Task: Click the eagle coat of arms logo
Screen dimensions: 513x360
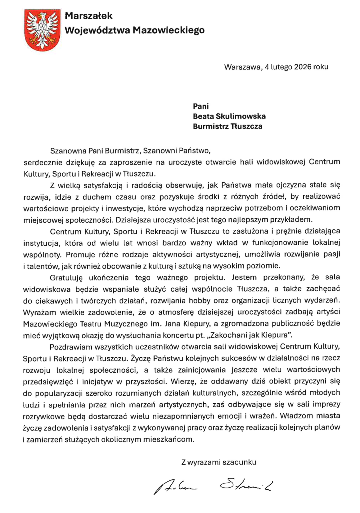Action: tap(42, 30)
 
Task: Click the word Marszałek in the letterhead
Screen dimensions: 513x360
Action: tap(88, 16)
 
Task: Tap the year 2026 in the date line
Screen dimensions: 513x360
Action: tap(303, 67)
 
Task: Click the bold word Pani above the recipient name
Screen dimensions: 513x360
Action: tap(201, 106)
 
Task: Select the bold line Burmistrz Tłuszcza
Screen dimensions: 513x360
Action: tap(227, 126)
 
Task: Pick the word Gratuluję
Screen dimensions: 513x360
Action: tap(65, 277)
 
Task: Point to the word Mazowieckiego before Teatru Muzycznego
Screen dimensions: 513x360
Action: tap(50, 324)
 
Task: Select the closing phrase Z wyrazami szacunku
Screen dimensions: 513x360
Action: tap(219, 462)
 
